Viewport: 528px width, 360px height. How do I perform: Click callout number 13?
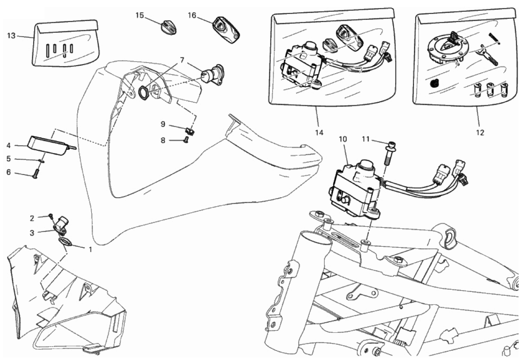(x=11, y=36)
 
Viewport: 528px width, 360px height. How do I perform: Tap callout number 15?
(x=139, y=15)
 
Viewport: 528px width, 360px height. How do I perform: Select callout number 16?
(x=192, y=15)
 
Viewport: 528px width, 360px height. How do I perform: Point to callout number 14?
(x=319, y=132)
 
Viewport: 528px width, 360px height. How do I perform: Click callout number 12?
(x=480, y=132)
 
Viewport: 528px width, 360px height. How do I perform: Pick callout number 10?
(x=342, y=139)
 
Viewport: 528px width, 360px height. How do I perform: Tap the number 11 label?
(x=365, y=139)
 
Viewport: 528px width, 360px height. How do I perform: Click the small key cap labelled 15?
(x=170, y=27)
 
